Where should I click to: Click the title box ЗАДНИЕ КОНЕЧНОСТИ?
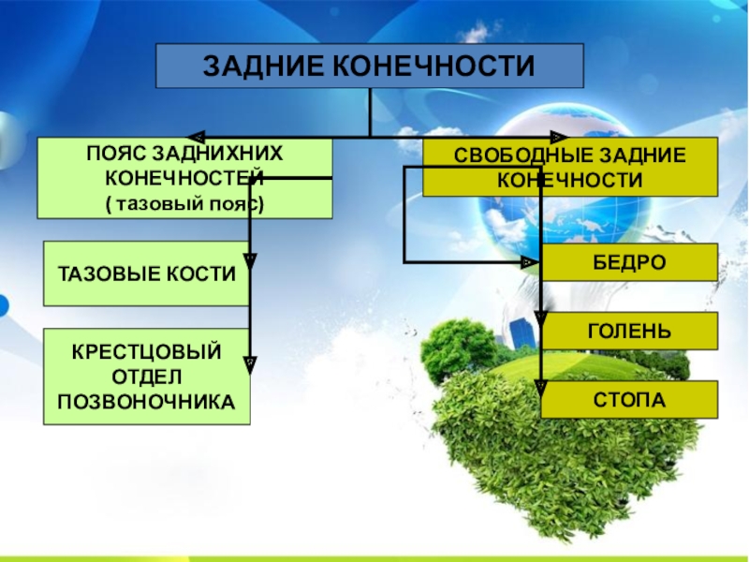[370, 66]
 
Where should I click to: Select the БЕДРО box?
[629, 262]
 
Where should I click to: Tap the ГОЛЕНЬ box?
[629, 331]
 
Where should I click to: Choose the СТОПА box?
[629, 399]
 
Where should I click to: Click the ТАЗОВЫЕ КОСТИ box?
[146, 273]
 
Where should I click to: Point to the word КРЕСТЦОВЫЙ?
[147, 352]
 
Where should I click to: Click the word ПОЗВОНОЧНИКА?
[147, 401]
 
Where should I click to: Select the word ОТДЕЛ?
[147, 377]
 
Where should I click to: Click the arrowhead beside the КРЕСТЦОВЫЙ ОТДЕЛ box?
[251, 357]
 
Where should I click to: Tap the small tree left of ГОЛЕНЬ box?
[456, 347]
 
